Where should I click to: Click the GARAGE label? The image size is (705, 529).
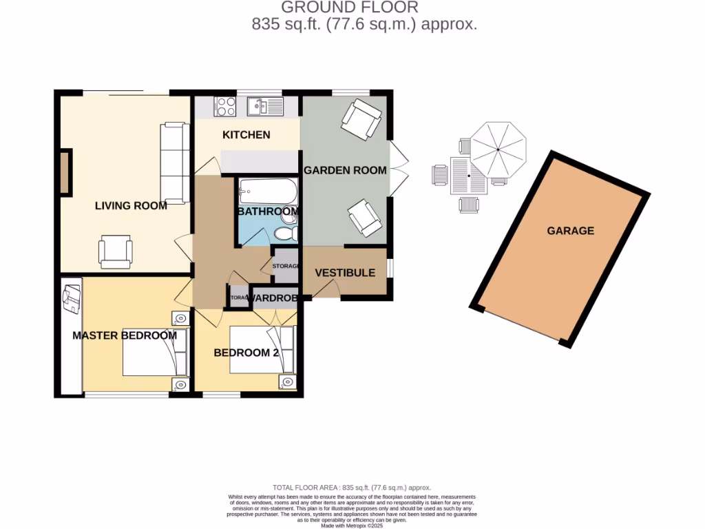570,231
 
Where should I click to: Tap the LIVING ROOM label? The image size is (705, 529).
131,205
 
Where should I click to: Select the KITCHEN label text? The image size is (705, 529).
246,134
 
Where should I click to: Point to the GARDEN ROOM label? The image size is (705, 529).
345,170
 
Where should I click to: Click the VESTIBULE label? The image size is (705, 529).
345,272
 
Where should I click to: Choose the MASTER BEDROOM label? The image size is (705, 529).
125,335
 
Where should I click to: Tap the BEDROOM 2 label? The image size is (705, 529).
246,353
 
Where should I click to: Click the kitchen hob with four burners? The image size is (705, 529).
225,107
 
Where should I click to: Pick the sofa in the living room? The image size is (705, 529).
173,163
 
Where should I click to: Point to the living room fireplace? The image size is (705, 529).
65,172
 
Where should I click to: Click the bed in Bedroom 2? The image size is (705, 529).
262,349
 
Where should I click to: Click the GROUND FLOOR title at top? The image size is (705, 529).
349,8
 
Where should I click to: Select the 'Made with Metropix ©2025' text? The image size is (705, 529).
352,525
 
